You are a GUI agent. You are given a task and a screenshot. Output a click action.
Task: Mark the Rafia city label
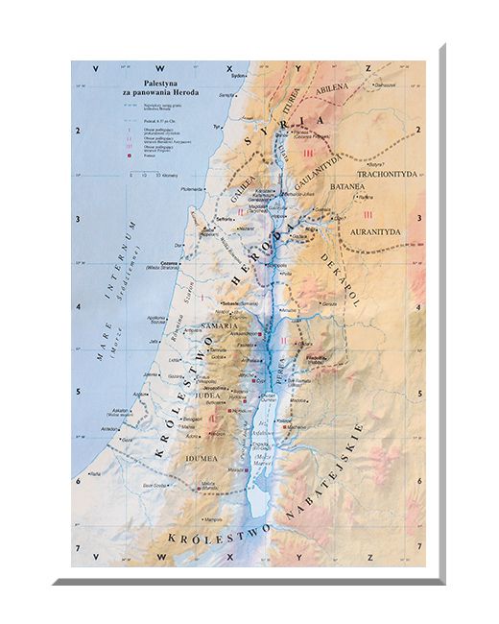point(94,474)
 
